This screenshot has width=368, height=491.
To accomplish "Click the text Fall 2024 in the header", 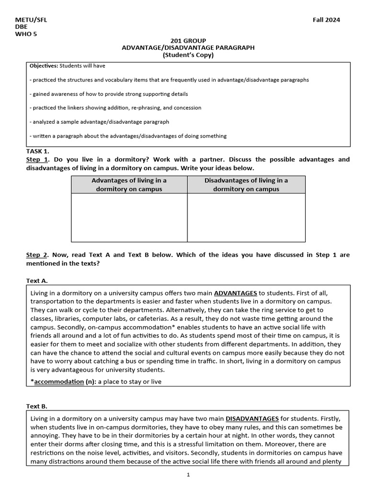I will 326,20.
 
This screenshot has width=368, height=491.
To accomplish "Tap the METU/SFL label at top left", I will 31,20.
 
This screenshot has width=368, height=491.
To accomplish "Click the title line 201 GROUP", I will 188,41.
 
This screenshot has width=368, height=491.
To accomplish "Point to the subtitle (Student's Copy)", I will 188,55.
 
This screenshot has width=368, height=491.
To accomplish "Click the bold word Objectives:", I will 44,66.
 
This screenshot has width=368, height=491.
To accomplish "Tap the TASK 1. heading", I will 37,151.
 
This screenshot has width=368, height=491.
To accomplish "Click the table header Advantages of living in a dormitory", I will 129,185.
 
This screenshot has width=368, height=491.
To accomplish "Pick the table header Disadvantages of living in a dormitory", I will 246,185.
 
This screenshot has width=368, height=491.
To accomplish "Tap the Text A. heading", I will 37,281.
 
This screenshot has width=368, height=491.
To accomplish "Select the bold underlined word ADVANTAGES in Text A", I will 235,292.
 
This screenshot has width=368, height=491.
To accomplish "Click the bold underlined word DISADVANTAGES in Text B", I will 252,418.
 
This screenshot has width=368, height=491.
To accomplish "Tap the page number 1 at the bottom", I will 189,475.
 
